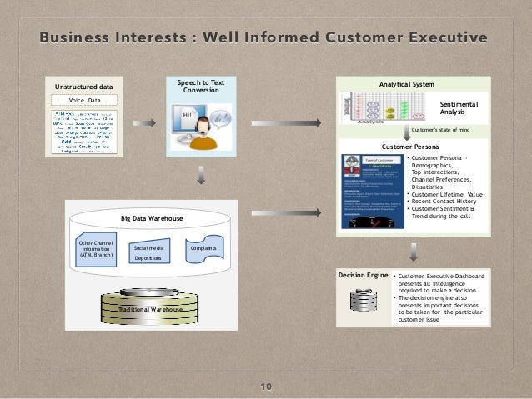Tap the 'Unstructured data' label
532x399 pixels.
[x=83, y=86]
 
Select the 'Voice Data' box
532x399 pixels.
[x=83, y=100]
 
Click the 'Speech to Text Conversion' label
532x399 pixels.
[x=201, y=87]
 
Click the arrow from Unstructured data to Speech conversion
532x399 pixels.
[x=144, y=123]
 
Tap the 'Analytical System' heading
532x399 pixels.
[x=406, y=84]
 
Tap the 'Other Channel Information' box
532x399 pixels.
[x=96, y=248]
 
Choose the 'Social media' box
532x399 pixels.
[x=148, y=248]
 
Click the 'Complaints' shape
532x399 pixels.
[x=203, y=248]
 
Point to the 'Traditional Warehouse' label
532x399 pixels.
[x=149, y=309]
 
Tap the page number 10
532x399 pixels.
[x=266, y=387]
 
